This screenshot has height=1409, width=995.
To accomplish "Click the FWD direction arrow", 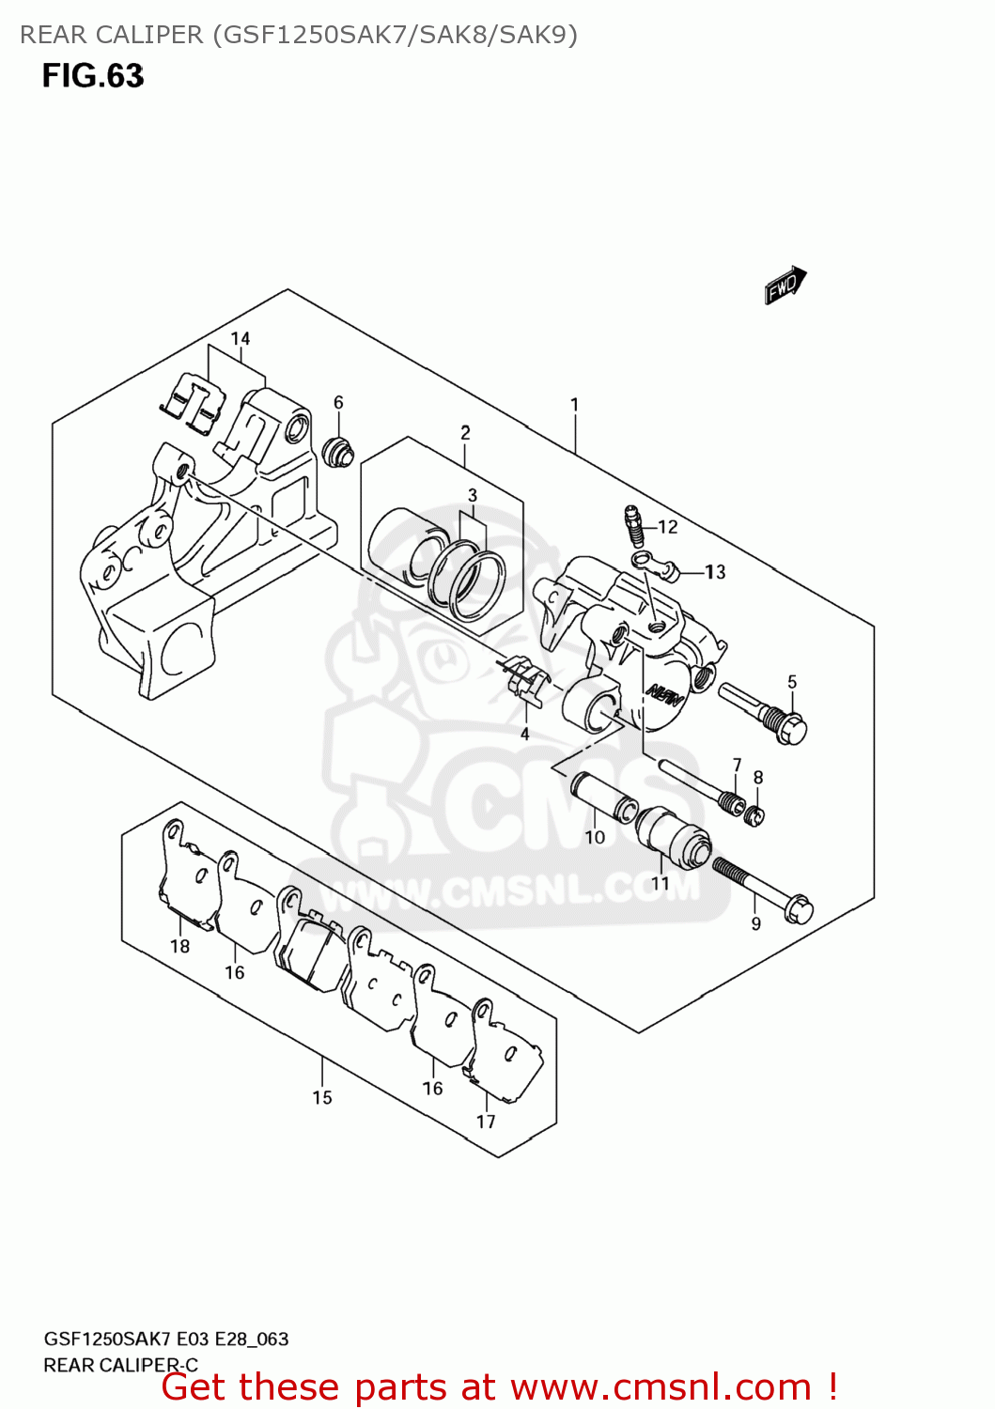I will [x=785, y=285].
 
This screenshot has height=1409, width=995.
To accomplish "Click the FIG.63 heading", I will [x=93, y=75].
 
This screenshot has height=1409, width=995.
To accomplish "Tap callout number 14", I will [x=241, y=339].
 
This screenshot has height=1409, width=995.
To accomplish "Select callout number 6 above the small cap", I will [x=338, y=402].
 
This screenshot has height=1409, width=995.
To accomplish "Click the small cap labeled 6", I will [x=336, y=452].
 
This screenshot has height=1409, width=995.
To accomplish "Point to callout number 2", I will [x=465, y=433].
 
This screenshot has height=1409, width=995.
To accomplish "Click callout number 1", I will [x=574, y=405].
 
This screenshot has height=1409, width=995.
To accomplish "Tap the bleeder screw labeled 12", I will [x=633, y=526].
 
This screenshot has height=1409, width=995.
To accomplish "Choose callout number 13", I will [x=715, y=571].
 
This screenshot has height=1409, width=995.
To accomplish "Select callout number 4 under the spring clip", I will [x=524, y=734].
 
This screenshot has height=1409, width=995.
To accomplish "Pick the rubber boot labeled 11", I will [x=673, y=836].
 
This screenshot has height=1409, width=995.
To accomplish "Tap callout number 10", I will [x=595, y=837].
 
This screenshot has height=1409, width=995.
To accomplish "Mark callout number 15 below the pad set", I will [x=322, y=1097].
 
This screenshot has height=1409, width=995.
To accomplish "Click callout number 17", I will [x=486, y=1121].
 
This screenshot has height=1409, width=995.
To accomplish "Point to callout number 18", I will [x=180, y=946].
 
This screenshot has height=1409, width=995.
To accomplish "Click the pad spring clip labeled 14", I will [x=194, y=404].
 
